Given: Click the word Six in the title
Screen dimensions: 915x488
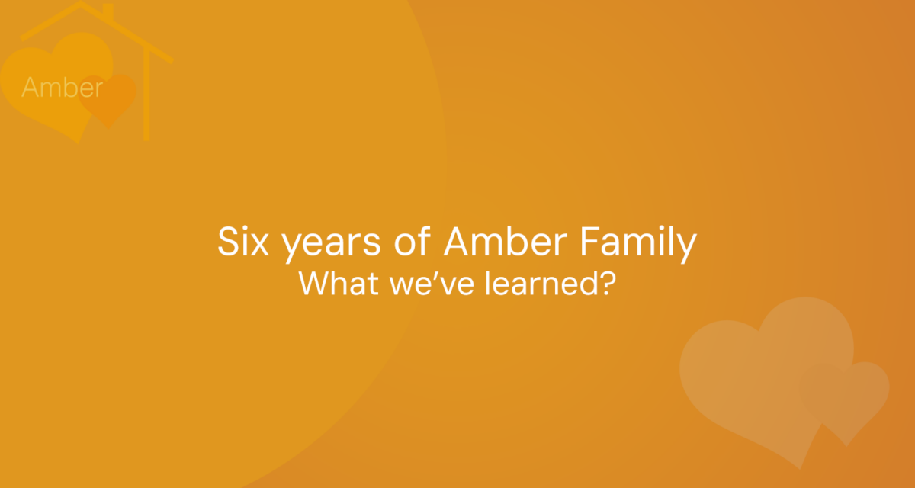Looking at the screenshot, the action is [x=243, y=242].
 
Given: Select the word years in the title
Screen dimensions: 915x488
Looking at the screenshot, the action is [x=331, y=245].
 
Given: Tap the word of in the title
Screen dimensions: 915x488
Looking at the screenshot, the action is [x=413, y=241].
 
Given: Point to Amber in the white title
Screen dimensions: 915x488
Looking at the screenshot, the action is [x=506, y=241].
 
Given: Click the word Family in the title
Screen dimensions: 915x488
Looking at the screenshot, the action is [x=638, y=243].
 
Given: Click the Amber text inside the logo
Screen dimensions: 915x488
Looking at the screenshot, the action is [x=62, y=87].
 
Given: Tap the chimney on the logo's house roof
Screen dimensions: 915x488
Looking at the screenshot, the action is [x=108, y=12].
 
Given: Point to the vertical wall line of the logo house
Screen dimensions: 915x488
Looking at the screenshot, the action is [x=146, y=95].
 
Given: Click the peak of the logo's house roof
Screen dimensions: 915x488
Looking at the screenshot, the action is [x=81, y=3].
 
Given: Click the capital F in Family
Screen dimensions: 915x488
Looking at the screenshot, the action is [x=591, y=241].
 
